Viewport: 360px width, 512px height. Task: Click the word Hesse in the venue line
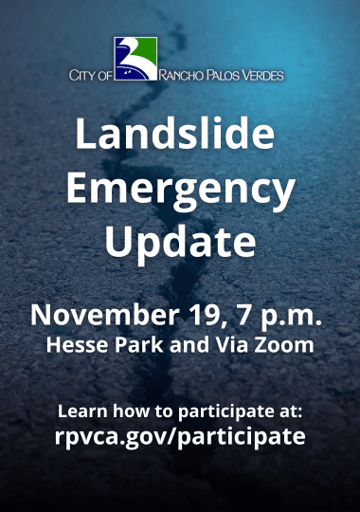coord(72,345)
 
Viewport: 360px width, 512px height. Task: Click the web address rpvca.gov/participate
coord(180,437)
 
